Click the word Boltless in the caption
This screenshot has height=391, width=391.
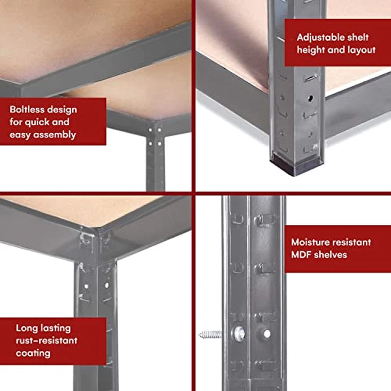27,109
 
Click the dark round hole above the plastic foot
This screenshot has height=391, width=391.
310,98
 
